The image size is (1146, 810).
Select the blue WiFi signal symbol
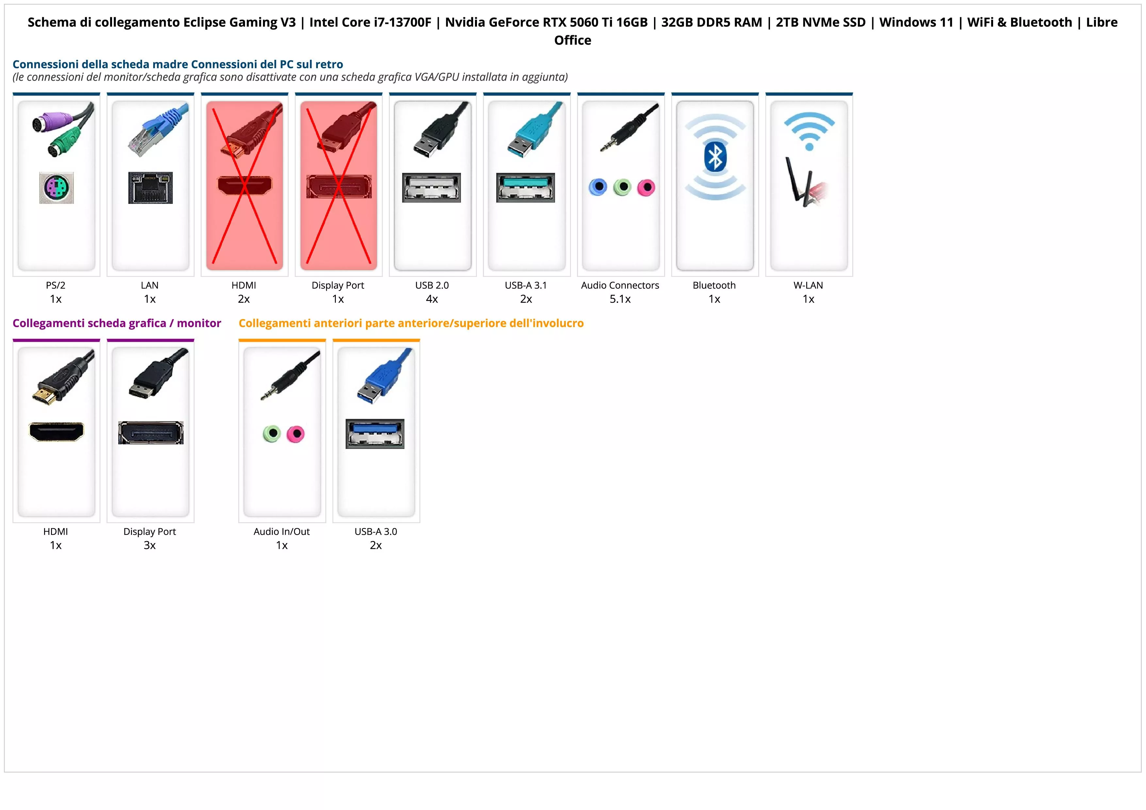tap(809, 131)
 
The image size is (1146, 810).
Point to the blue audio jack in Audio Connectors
tap(598, 187)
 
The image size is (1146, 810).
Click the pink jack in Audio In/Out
tap(296, 434)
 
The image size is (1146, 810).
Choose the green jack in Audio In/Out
tap(271, 434)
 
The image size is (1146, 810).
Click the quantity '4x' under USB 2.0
tap(432, 299)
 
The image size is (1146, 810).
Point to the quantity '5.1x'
tap(620, 299)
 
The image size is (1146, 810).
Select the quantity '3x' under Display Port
tap(150, 545)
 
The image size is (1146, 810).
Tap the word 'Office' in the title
tap(572, 41)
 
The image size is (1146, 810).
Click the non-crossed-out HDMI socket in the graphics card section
tap(57, 432)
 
